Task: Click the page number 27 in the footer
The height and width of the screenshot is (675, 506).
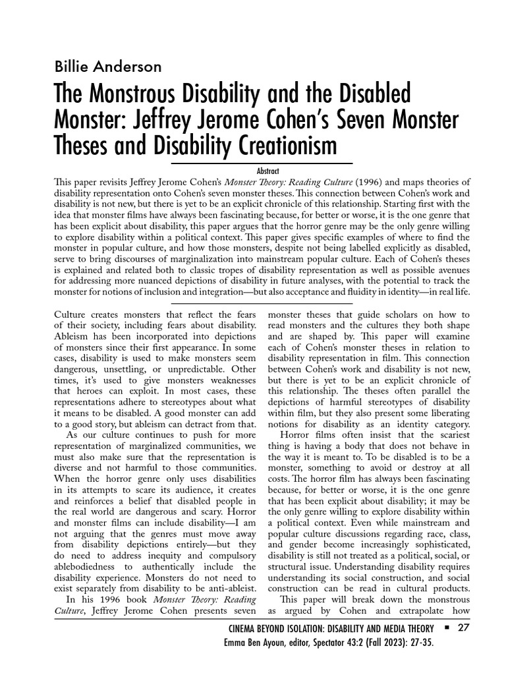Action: point(463,628)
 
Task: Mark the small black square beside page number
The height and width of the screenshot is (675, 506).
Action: point(446,628)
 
